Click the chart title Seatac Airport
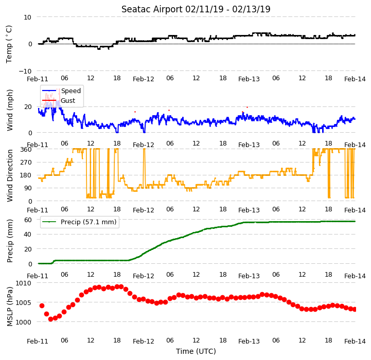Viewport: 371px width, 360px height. pos(152,9)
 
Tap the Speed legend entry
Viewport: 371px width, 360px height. pos(61,91)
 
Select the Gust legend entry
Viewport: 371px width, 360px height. pos(59,100)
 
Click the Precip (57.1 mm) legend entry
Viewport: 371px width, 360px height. pos(79,222)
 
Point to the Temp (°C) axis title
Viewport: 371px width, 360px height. pos(9,44)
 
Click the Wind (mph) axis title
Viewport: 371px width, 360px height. pos(10,110)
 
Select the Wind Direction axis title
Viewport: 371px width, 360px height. pos(10,175)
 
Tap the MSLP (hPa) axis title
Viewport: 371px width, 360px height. pos(10,307)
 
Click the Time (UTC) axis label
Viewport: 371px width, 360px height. pos(196,351)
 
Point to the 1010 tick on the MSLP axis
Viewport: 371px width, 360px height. pos(24,283)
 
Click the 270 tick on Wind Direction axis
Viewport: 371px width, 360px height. pos(26,163)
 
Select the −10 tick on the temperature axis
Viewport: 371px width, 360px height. pos(25,71)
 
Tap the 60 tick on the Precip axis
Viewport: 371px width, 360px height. pos(28,220)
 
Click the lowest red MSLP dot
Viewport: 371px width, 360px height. pos(50,319)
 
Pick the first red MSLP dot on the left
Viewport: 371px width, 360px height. pos(42,305)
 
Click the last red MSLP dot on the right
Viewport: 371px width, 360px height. pos(354,310)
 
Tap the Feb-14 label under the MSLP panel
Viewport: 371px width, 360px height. pos(355,341)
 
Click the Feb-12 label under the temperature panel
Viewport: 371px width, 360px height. pos(144,79)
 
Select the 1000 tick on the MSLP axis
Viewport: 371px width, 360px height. pos(24,322)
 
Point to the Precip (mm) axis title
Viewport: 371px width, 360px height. pos(10,241)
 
